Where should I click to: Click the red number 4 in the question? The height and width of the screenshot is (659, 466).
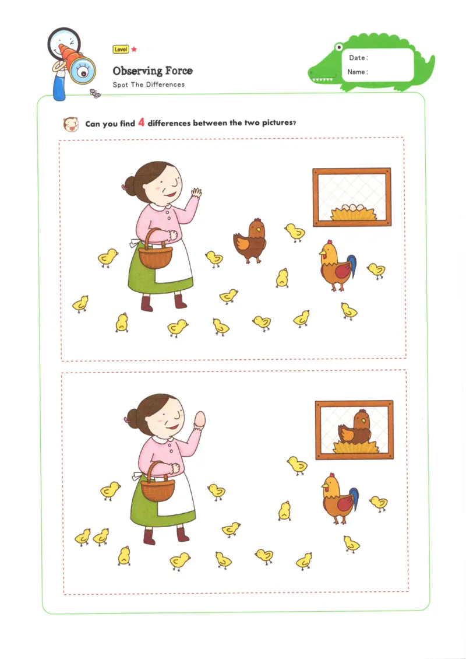[x=141, y=122]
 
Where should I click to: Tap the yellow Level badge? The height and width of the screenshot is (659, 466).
[x=121, y=49]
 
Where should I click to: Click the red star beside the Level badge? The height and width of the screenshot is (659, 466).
[x=134, y=49]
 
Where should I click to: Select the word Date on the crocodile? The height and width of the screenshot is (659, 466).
[x=357, y=58]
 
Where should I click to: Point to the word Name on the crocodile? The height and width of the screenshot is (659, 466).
[x=356, y=72]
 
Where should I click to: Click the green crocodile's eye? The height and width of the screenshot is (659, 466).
[x=338, y=47]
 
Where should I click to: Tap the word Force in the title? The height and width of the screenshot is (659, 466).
[x=179, y=71]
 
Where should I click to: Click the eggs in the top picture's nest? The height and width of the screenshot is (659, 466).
[x=352, y=207]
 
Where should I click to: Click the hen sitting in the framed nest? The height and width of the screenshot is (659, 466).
[x=355, y=429]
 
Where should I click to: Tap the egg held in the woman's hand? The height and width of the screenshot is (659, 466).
[x=200, y=419]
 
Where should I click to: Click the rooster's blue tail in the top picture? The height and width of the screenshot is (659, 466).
[x=352, y=267]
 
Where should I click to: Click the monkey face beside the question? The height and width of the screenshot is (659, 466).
[x=71, y=124]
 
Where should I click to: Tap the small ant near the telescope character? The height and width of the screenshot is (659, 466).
[x=96, y=93]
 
